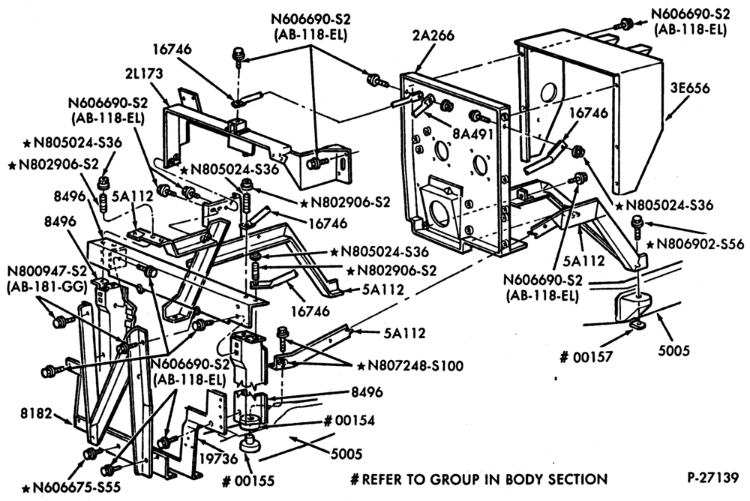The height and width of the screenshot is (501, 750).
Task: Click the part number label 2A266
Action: point(435,36)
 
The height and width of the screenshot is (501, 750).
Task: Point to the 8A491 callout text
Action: point(472,134)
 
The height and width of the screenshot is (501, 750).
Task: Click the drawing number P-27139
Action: point(713,478)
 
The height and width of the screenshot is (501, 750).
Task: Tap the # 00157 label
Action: point(586,357)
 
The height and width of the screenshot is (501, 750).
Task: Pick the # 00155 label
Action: point(248,480)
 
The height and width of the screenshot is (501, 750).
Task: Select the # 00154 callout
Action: point(349,421)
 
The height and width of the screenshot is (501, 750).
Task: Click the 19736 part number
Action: point(218,458)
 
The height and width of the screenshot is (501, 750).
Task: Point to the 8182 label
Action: point(35,413)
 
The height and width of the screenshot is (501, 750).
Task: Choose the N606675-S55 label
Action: point(72,487)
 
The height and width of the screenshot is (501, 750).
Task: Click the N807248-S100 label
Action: point(410,366)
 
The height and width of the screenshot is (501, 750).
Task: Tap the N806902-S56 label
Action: point(695,244)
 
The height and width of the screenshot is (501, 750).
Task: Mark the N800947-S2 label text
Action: point(46,271)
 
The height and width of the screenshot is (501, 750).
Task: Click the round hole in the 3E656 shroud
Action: point(548,93)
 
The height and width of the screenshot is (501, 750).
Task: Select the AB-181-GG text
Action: point(46,286)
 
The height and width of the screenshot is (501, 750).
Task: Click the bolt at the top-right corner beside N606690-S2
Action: point(624,23)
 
